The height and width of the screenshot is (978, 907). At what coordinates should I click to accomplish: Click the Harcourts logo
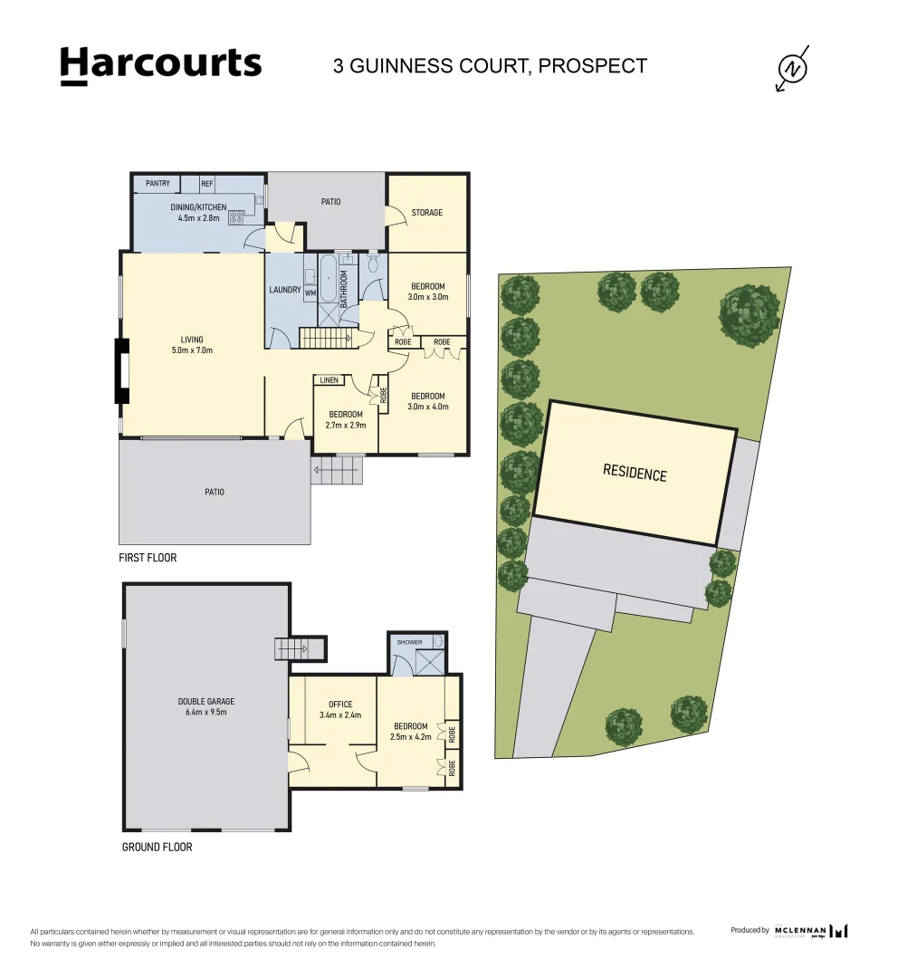click(161, 65)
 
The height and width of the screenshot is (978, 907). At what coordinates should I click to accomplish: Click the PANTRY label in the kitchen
click(158, 183)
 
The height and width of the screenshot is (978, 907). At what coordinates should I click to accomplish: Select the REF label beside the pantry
click(207, 183)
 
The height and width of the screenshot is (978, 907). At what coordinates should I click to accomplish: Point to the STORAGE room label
click(427, 213)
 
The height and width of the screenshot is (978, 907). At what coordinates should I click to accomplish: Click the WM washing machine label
click(310, 293)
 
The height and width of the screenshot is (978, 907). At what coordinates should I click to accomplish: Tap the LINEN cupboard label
click(329, 379)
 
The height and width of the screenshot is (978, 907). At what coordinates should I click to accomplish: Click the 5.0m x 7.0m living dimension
click(192, 350)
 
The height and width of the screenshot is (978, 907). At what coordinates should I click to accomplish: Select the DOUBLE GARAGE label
click(206, 701)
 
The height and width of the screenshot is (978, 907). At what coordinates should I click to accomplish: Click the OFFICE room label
click(340, 705)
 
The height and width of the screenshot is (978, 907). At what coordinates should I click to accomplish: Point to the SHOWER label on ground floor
click(409, 642)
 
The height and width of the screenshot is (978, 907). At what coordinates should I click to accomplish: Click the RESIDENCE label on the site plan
click(635, 473)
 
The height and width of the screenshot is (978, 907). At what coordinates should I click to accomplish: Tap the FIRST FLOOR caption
click(148, 558)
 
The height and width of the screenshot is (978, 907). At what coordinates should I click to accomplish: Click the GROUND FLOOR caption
click(158, 847)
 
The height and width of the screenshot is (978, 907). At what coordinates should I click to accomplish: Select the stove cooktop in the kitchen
click(236, 217)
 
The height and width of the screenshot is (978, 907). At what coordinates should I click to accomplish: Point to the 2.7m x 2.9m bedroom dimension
click(346, 426)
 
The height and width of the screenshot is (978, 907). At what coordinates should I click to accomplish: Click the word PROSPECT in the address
click(593, 65)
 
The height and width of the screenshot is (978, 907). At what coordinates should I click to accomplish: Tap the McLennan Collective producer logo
click(811, 931)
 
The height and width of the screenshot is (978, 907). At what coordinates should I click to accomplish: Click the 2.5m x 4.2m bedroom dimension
click(411, 736)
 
